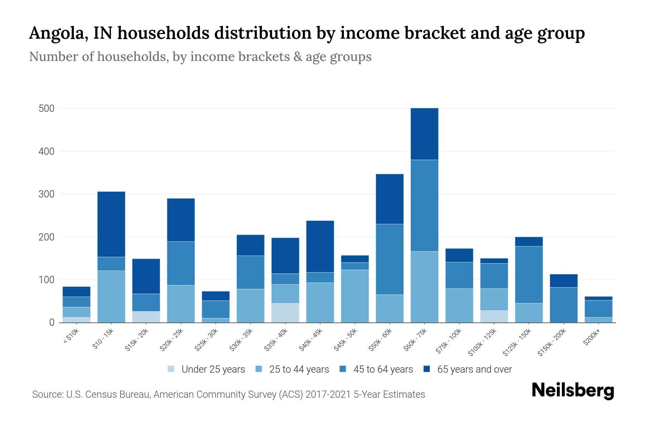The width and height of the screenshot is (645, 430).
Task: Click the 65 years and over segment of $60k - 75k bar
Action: coord(424,134)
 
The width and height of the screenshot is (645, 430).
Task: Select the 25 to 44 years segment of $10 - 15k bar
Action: coord(111,296)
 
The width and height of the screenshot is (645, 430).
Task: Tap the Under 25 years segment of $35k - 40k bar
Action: coord(285,312)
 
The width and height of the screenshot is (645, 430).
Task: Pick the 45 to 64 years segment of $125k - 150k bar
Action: coord(529,274)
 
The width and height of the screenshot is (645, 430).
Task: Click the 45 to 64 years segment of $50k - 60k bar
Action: coord(390,259)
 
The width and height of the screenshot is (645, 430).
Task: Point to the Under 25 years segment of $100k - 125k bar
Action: coord(494,316)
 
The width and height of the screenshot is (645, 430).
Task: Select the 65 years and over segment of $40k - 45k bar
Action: coord(320,246)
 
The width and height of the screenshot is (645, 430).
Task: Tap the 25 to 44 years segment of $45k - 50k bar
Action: coord(355,296)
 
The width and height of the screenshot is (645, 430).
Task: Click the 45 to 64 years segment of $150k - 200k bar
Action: coord(563,305)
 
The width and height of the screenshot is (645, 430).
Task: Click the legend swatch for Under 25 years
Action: coord(171,369)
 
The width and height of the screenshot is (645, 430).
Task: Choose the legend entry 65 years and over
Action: coord(474,369)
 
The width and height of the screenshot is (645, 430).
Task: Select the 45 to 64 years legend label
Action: coord(383,369)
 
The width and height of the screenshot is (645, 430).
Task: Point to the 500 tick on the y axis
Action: coord(47,109)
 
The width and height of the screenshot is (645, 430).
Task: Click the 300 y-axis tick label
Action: coord(47,194)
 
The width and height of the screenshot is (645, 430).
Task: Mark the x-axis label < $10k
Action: coord(71,336)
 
